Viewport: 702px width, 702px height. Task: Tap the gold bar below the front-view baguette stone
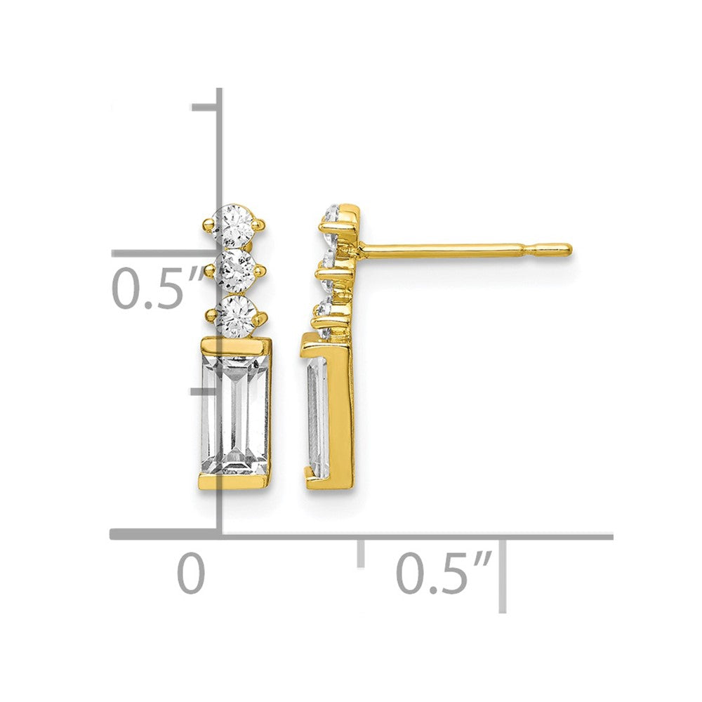[x=234, y=483]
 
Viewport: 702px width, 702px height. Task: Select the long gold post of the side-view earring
[x=465, y=249]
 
